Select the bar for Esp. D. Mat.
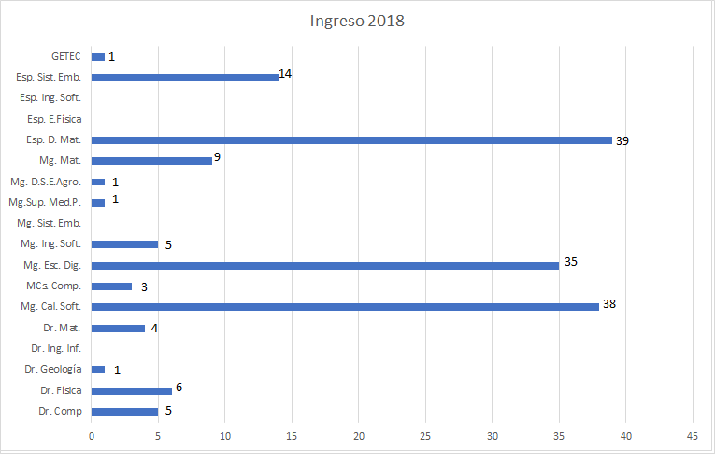(351, 140)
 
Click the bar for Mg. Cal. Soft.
(345, 307)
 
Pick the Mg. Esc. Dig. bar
(325, 265)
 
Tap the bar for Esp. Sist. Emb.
(185, 77)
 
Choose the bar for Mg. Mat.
(151, 160)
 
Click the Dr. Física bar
(132, 390)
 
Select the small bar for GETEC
(98, 57)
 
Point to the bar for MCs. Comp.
(111, 286)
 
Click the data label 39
(622, 141)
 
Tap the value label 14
(286, 73)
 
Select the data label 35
(571, 261)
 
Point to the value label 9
(217, 156)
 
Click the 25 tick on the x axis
(425, 436)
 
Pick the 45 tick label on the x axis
(693, 436)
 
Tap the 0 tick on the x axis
(92, 436)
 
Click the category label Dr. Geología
(54, 370)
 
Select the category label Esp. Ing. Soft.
(50, 98)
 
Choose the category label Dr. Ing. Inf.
(56, 349)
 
